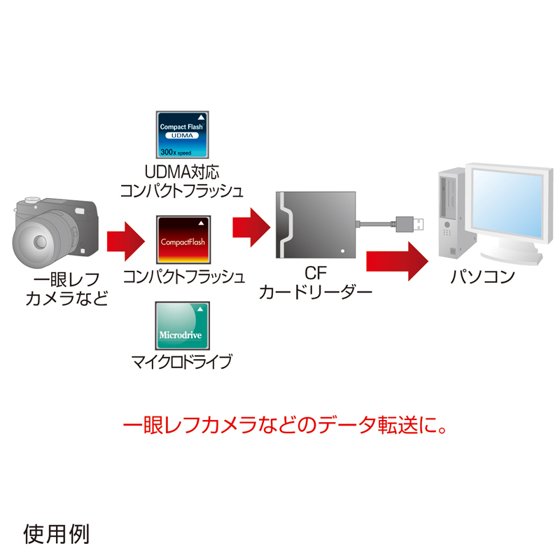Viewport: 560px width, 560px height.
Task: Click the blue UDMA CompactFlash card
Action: point(182,135)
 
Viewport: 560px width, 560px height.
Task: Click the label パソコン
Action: point(482,276)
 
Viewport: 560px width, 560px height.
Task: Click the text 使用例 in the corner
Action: point(56,534)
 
